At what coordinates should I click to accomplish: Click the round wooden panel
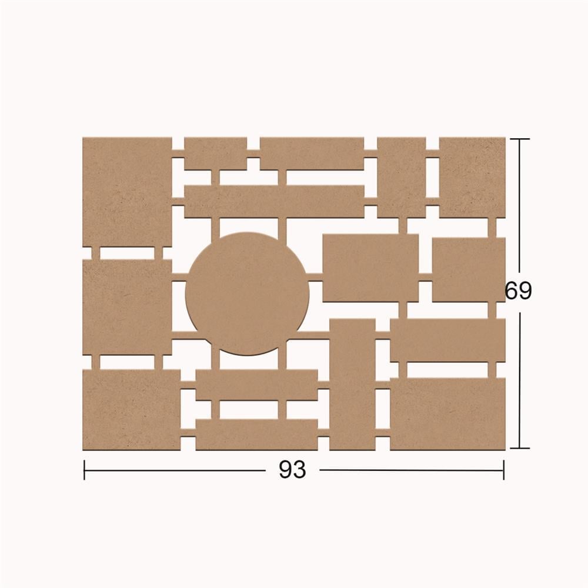click(248, 293)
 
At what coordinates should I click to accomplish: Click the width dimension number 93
click(292, 469)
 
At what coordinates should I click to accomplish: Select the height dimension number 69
click(518, 290)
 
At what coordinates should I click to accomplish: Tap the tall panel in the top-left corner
click(127, 192)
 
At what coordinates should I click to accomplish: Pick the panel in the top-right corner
click(472, 178)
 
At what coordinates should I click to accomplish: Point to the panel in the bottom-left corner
click(131, 410)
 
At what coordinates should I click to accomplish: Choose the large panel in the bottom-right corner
click(447, 414)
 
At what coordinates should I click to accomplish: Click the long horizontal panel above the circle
click(274, 202)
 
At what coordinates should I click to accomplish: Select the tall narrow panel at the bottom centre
click(352, 385)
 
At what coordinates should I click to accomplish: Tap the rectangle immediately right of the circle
click(370, 268)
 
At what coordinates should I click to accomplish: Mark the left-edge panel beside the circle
click(127, 307)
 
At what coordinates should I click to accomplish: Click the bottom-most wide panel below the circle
click(256, 435)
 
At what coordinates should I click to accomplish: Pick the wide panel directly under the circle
click(256, 385)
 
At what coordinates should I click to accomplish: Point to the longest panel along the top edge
click(312, 153)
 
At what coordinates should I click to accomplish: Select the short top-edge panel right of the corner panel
click(215, 153)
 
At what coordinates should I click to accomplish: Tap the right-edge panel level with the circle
click(469, 270)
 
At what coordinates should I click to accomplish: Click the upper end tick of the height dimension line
click(520, 139)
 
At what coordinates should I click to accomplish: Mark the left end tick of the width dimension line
click(84, 470)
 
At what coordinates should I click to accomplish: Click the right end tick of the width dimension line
click(504, 470)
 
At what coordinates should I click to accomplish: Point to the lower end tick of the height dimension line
click(520, 447)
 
